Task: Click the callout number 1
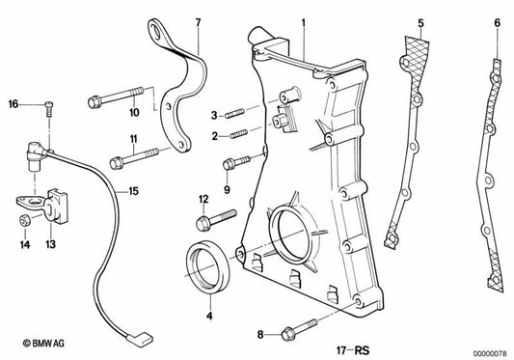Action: pos(303,21)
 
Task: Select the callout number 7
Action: pos(197,21)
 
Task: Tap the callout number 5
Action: pos(420,21)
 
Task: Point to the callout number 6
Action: pos(497,21)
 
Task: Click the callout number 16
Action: pos(14,103)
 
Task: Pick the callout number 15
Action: pos(133,191)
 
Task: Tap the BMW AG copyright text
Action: pos(29,343)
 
